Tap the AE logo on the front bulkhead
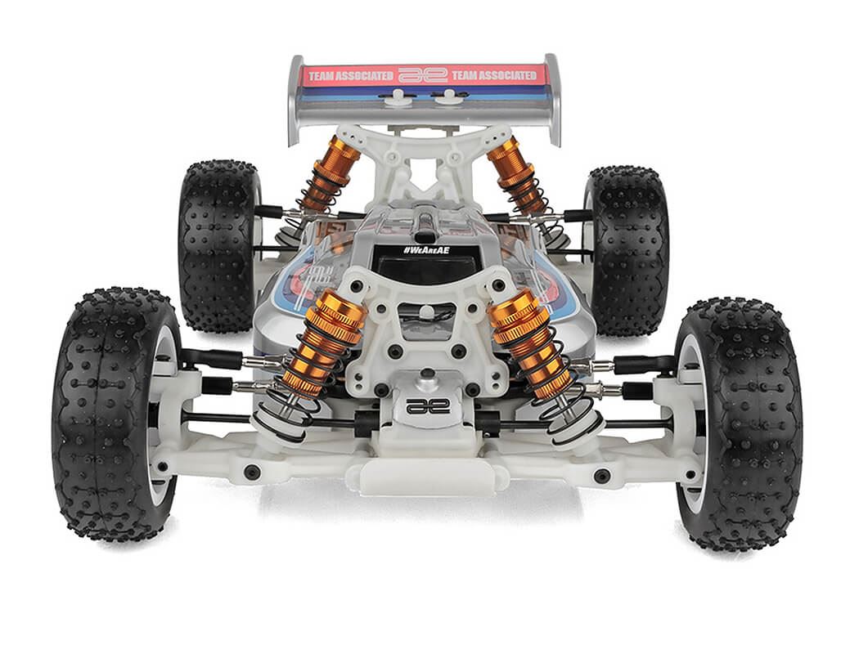[x=428, y=405]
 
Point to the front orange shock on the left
[x=322, y=343]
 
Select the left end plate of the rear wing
[x=295, y=98]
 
